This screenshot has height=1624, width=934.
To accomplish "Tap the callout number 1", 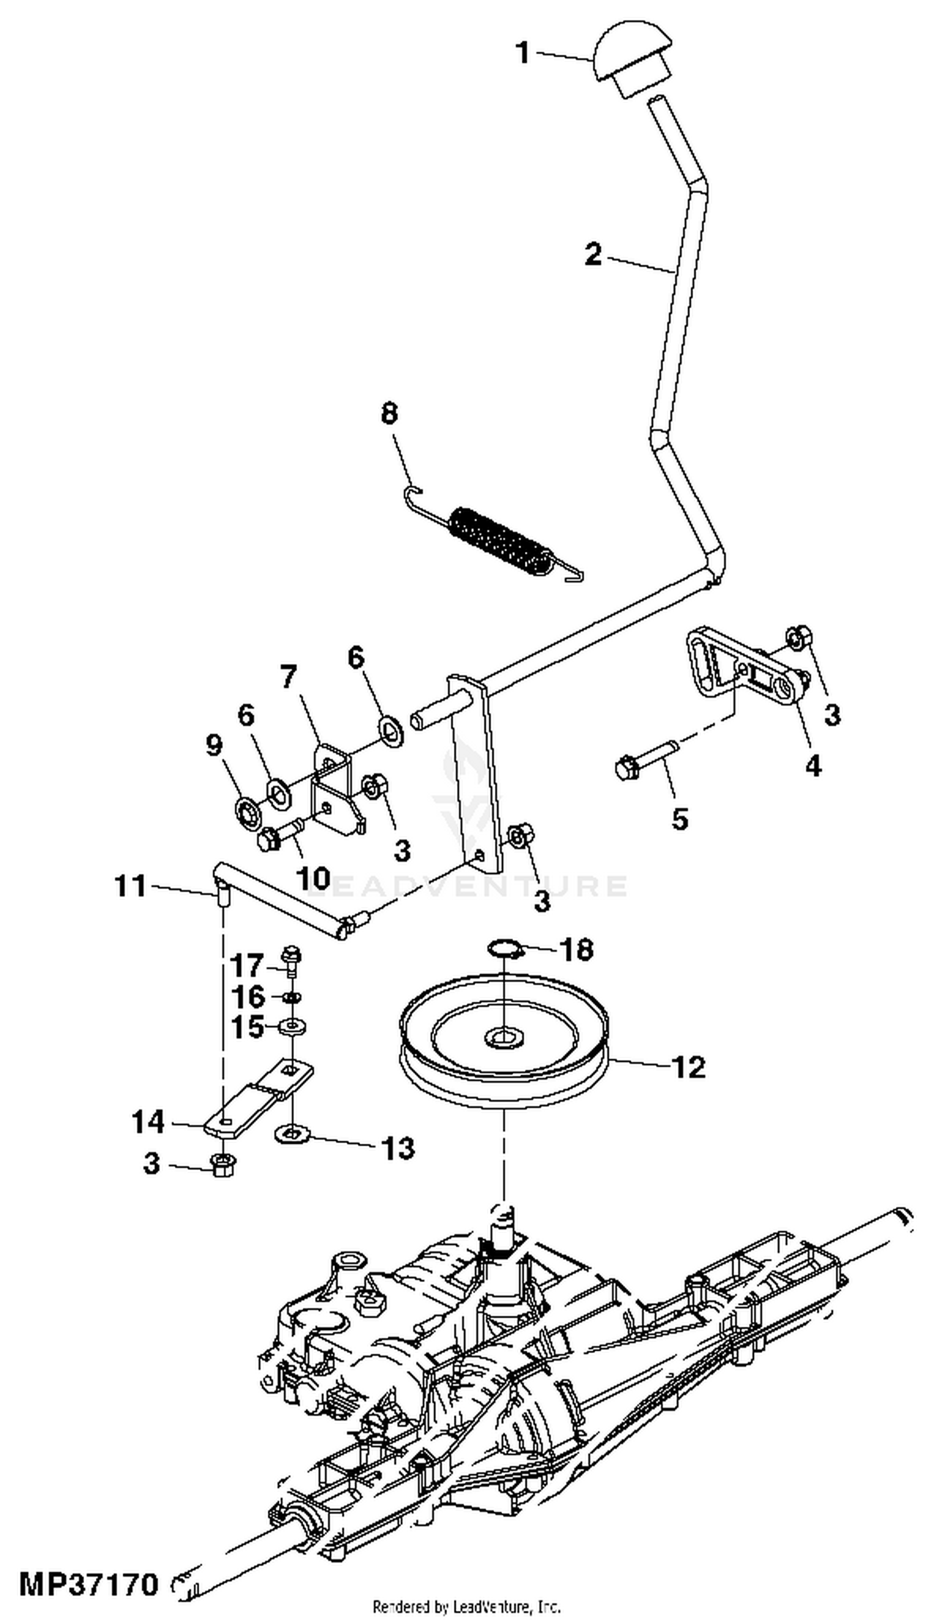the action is pyautogui.click(x=524, y=52).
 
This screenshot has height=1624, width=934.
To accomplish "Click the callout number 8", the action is pyautogui.click(x=389, y=414).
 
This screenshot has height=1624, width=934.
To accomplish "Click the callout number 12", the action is pyautogui.click(x=688, y=1067).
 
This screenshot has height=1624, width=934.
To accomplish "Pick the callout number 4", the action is pyautogui.click(x=813, y=766).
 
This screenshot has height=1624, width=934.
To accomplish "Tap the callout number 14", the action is pyautogui.click(x=148, y=1123).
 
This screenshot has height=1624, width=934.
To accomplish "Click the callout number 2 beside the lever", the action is pyautogui.click(x=593, y=255).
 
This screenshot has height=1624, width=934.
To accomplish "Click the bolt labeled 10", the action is pyautogui.click(x=280, y=835).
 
